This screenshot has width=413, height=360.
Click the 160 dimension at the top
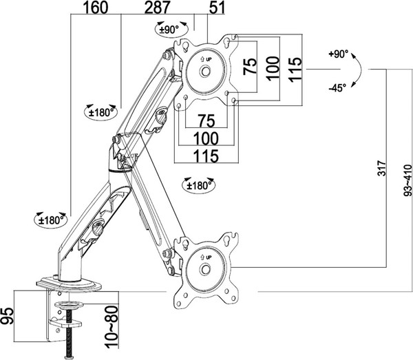(96, 8)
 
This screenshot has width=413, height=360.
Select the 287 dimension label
(158, 8)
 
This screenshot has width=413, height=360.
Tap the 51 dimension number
(217, 8)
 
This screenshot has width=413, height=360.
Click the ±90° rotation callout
(171, 29)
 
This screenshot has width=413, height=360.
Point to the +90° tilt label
(338, 54)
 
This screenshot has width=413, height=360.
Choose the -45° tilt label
(337, 88)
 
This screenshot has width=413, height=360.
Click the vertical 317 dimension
(381, 168)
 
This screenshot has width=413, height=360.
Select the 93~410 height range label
(407, 180)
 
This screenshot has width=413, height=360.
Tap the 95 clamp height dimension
(7, 316)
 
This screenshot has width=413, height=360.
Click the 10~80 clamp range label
(111, 327)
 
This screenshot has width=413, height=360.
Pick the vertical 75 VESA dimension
(249, 66)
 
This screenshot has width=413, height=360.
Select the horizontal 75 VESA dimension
(206, 121)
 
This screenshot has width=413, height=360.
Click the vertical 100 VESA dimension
(273, 68)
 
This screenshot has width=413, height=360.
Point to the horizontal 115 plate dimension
(206, 156)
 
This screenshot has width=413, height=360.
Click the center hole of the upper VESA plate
(205, 71)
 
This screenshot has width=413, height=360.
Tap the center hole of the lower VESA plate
(205, 269)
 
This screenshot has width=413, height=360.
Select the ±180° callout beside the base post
(51, 220)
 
